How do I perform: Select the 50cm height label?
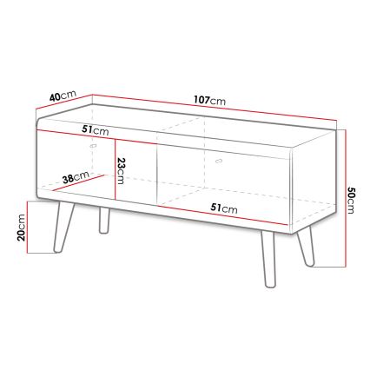point(351,200)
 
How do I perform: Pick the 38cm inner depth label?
point(76,178)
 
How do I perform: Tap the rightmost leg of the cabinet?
point(304,245)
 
